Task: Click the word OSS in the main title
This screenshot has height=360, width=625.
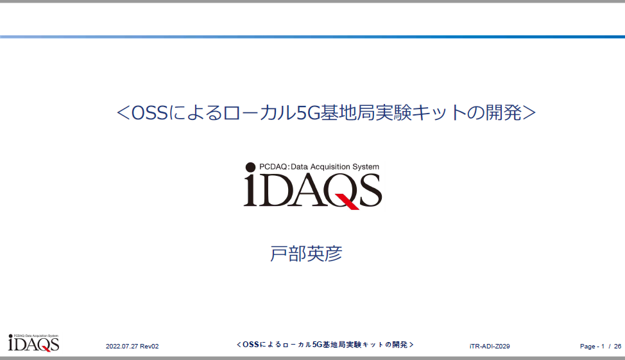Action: click(150, 113)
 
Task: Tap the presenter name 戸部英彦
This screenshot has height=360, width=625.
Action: click(306, 253)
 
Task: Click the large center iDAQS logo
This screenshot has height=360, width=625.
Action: click(313, 186)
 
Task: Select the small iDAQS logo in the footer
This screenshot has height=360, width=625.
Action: click(33, 343)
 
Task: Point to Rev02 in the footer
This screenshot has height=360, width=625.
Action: click(150, 347)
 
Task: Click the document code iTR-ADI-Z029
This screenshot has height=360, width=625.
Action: click(490, 347)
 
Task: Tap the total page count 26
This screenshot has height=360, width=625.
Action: click(617, 347)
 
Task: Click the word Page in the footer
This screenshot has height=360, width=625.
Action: click(588, 347)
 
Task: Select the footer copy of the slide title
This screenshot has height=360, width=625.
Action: click(325, 345)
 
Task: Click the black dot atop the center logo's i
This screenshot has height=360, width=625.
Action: click(250, 167)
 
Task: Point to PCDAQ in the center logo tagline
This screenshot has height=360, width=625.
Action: click(273, 167)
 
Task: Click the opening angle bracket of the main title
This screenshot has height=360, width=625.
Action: click(123, 113)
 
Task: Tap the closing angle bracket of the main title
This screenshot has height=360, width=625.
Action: click(529, 113)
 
